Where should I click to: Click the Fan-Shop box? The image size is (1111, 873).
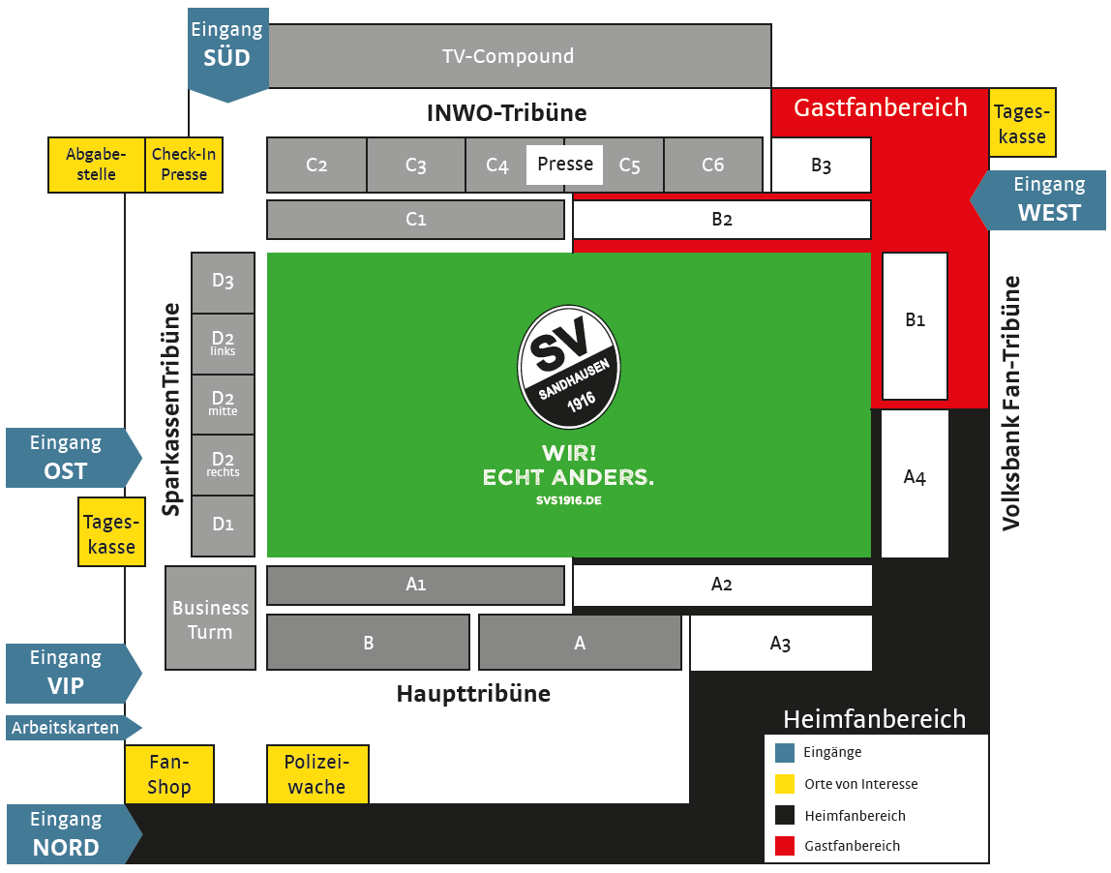point(169,774)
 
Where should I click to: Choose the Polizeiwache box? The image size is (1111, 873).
point(316,774)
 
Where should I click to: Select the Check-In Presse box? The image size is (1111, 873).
point(184,165)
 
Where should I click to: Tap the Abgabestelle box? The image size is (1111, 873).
point(96,165)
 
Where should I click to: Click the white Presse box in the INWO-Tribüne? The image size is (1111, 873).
point(565,165)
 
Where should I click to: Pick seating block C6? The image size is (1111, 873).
point(712,166)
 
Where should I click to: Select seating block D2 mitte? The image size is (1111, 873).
point(224,404)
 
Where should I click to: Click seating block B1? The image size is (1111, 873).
point(915,326)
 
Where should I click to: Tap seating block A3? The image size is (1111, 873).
point(780,644)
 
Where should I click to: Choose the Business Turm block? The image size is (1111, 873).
point(210,618)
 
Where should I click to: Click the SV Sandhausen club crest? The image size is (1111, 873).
point(569,367)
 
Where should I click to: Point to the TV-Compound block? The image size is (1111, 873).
point(508,56)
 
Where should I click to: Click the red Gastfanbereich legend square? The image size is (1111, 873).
point(785,846)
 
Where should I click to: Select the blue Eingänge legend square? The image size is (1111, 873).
point(785,752)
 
